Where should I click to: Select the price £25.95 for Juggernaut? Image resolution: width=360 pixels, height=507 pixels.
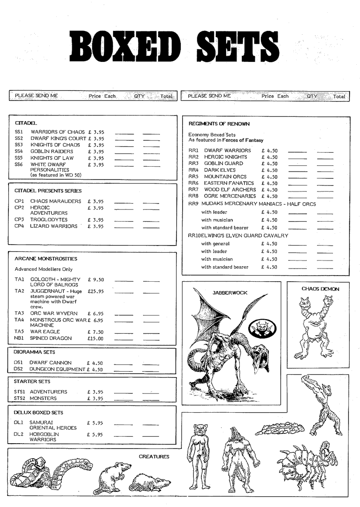(x=96, y=292)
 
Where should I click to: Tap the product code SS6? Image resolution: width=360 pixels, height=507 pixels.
(x=19, y=165)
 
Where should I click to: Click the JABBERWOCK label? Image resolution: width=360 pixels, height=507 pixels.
(x=230, y=292)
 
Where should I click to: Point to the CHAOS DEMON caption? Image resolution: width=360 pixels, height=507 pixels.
(x=320, y=289)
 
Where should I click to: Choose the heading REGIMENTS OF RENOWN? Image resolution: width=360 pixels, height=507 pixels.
(x=219, y=124)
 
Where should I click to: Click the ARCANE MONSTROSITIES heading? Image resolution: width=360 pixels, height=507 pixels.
(x=46, y=259)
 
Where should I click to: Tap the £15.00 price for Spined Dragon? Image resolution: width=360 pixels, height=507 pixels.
(x=96, y=338)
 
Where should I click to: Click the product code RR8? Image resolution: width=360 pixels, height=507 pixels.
(x=194, y=196)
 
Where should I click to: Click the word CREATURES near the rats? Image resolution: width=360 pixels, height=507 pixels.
(x=154, y=456)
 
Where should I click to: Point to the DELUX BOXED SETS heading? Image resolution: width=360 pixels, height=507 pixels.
(x=38, y=413)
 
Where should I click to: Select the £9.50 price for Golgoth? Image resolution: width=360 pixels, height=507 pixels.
(x=96, y=280)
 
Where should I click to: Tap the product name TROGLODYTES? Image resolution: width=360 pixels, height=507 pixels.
(x=49, y=220)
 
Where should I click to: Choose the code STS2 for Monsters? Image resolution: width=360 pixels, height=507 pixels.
(x=19, y=399)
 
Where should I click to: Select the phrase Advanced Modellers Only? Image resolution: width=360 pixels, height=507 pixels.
(x=44, y=269)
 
